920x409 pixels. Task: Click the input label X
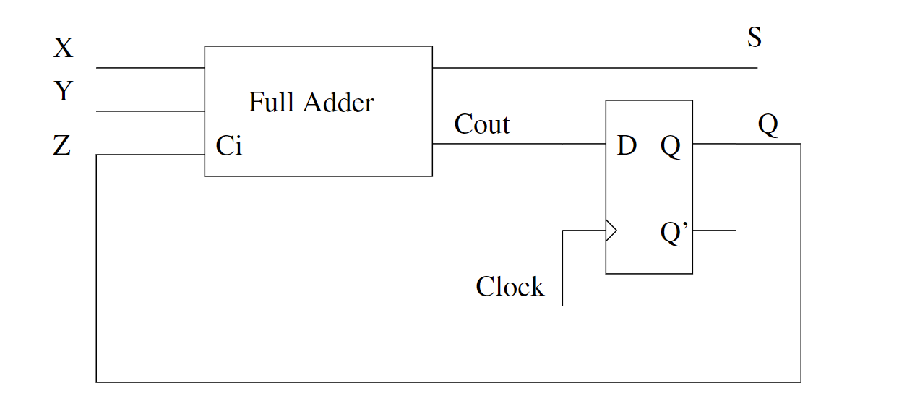click(x=64, y=48)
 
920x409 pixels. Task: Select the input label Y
click(x=64, y=92)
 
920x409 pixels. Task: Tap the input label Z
click(x=62, y=147)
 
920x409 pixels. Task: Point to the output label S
click(x=754, y=38)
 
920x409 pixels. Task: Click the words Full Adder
click(x=311, y=103)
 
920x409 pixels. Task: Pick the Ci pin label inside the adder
click(x=229, y=147)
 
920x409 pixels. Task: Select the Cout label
click(x=481, y=125)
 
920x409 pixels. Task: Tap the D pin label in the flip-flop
click(x=627, y=147)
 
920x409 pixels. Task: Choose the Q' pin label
click(x=675, y=234)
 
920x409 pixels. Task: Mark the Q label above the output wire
click(x=768, y=126)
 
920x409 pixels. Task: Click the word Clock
click(x=510, y=287)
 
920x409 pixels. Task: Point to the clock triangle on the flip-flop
click(x=611, y=231)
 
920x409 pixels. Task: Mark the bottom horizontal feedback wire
click(x=448, y=382)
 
